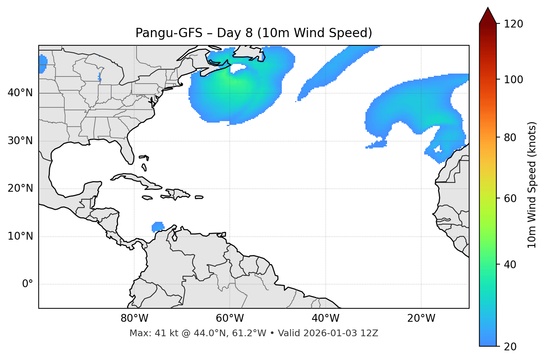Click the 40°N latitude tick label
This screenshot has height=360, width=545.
point(20,93)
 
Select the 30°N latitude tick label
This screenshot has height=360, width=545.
point(20,141)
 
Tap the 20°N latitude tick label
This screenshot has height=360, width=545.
point(20,188)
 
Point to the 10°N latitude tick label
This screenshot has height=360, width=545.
point(20,236)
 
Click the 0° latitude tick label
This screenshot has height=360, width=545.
point(28,284)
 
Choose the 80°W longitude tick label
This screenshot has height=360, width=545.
point(134,318)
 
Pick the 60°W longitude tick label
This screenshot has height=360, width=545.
point(230,318)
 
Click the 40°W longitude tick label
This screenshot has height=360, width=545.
point(325,318)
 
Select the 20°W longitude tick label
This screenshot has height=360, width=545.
point(421,318)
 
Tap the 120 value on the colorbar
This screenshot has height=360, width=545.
point(513,24)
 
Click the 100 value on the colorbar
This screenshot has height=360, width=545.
point(513,80)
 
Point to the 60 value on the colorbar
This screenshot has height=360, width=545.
point(510,198)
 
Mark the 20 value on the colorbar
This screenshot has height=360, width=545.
point(510,347)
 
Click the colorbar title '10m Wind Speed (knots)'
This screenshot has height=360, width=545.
point(532,185)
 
